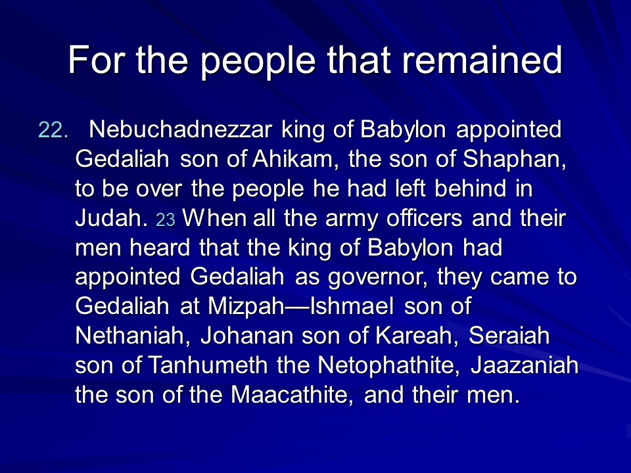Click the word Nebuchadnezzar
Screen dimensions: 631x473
tap(180, 129)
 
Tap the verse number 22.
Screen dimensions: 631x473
tap(53, 130)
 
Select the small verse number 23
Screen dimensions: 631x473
tap(166, 220)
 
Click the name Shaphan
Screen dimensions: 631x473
tap(514, 159)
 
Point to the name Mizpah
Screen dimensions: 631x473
tap(246, 307)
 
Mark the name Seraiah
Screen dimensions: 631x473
tap(509, 336)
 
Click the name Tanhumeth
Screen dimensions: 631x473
tap(208, 365)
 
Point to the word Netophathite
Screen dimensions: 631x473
tap(388, 365)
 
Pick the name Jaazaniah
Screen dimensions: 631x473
tap(525, 365)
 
